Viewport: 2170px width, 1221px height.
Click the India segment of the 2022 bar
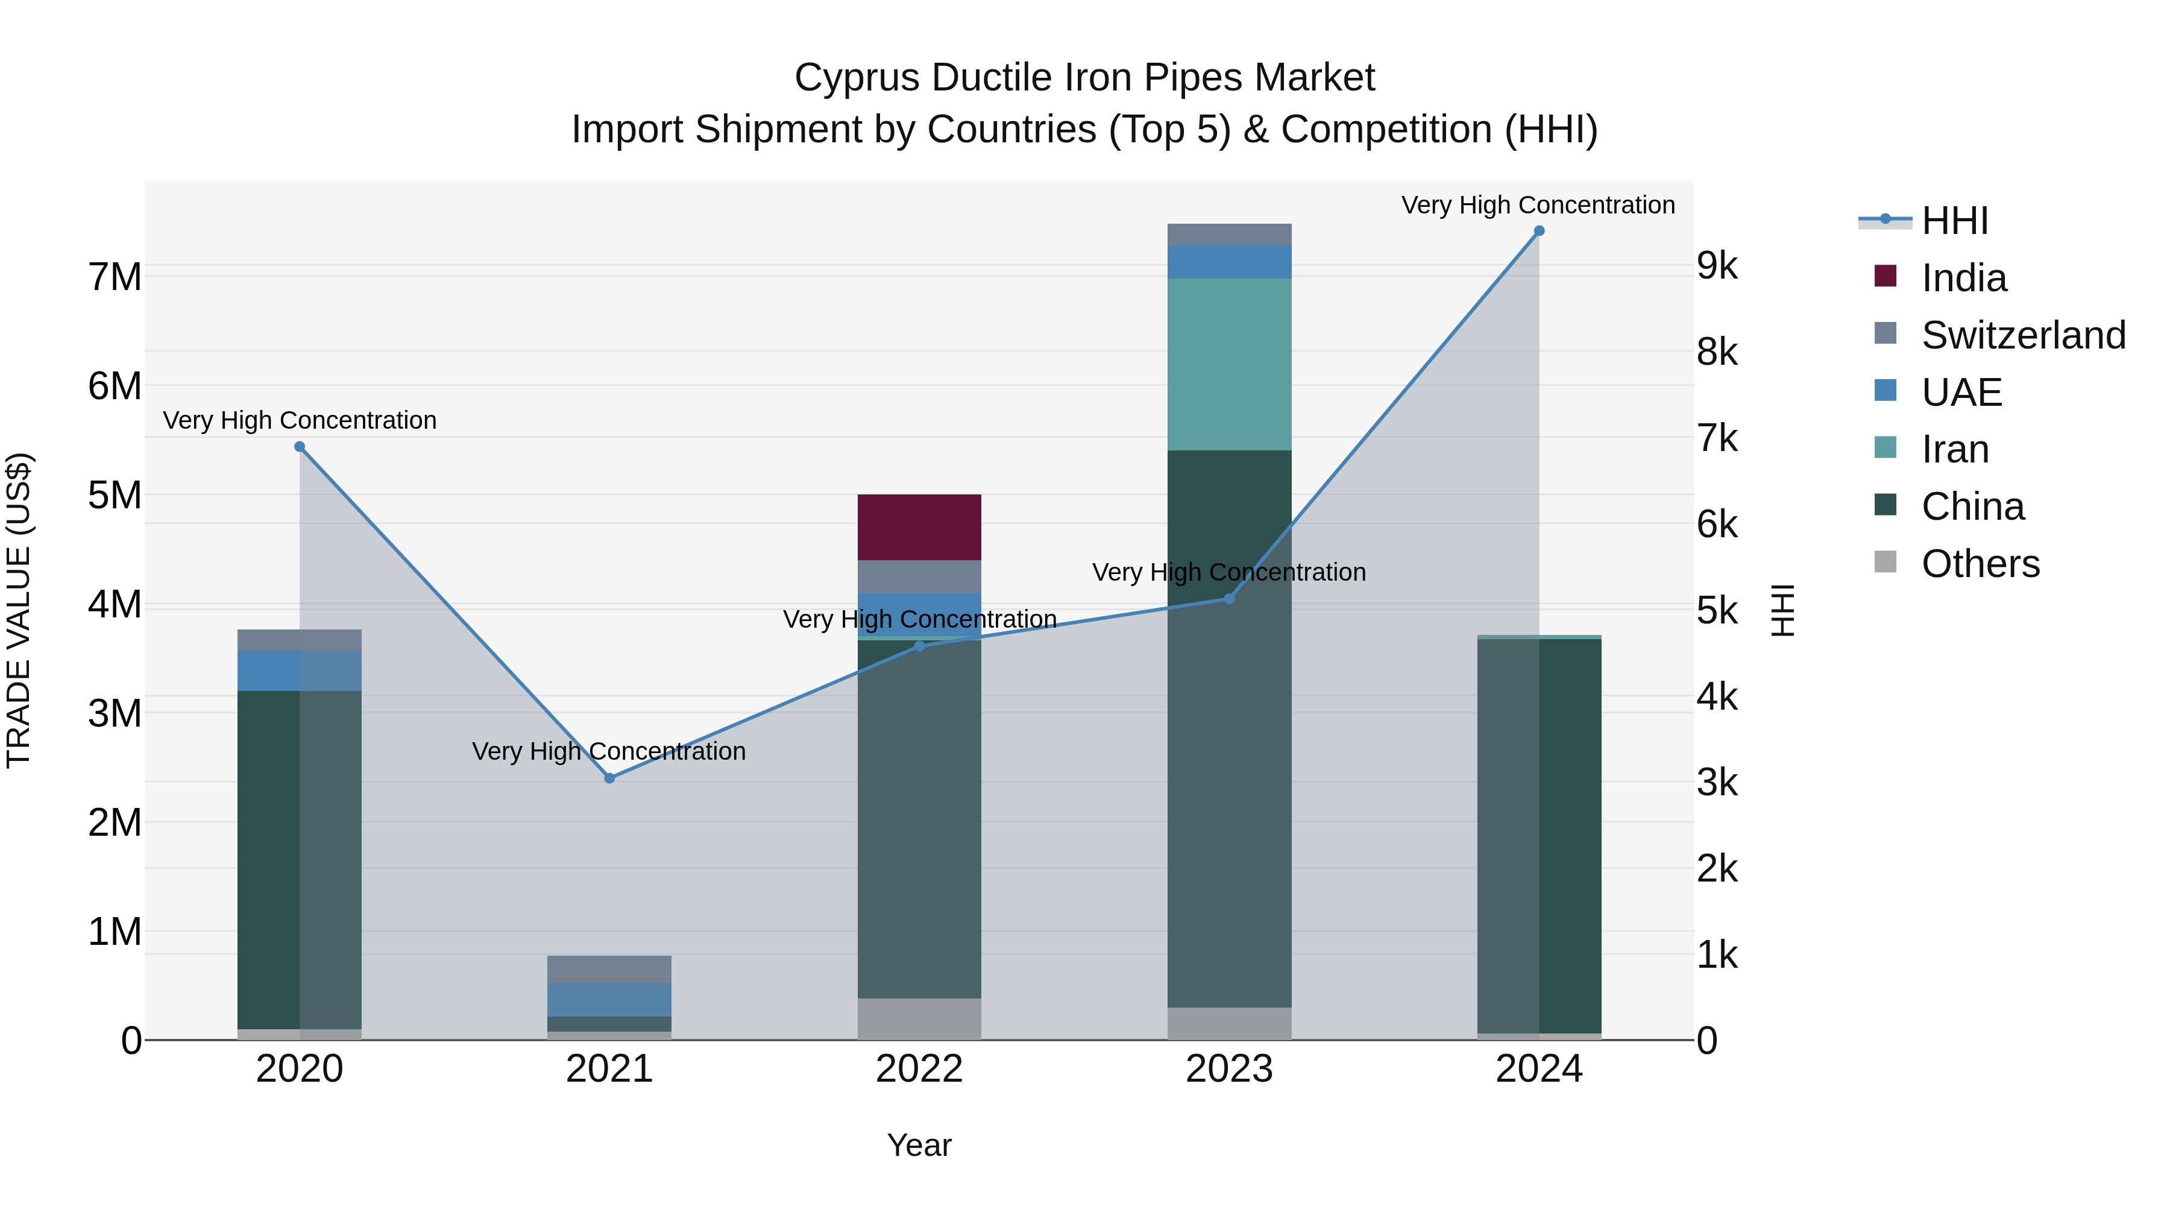click(x=919, y=528)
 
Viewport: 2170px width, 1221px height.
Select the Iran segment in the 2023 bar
click(x=1229, y=364)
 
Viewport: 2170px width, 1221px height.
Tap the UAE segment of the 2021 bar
click(x=609, y=999)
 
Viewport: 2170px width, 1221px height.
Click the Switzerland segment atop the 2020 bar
click(x=299, y=640)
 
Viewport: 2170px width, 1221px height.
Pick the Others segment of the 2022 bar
click(x=919, y=1019)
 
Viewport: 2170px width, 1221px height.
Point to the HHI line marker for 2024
click(x=1539, y=231)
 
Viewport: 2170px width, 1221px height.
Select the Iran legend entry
click(x=1954, y=449)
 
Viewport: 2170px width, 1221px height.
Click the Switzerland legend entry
click(x=2022, y=335)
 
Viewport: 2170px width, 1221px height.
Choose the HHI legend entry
click(x=1954, y=221)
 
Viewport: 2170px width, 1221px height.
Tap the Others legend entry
click(x=1980, y=564)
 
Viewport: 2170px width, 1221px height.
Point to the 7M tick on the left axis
click(x=115, y=277)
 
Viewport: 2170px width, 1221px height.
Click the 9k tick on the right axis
click(x=1717, y=267)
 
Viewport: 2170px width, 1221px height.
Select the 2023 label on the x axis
click(x=1229, y=1069)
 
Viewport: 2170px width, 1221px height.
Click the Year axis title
click(x=919, y=1145)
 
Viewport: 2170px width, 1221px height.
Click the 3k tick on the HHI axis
click(x=1717, y=783)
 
